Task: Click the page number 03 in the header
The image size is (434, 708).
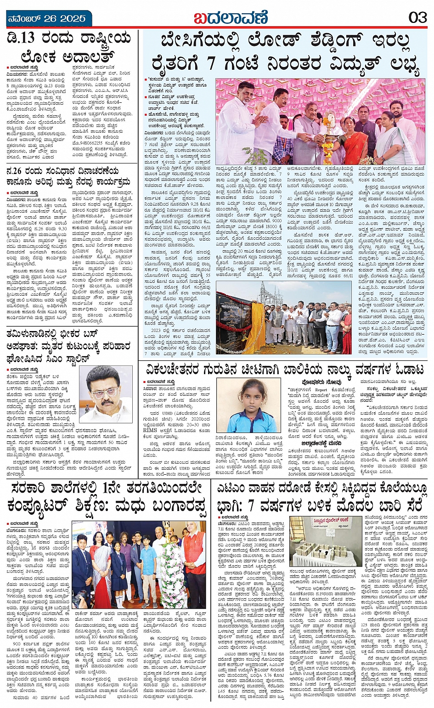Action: (417, 18)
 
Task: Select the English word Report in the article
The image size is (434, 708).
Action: (321, 389)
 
